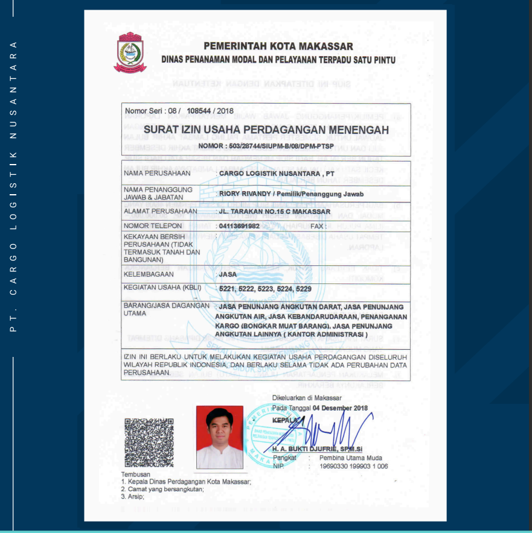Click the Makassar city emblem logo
(130, 52)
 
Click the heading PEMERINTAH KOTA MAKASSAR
(278, 46)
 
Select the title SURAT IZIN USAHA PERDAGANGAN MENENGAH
(266, 130)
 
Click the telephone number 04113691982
(240, 226)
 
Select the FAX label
(318, 226)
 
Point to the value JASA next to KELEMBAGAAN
(228, 274)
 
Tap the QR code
(149, 443)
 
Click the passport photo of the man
(219, 437)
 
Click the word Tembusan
(136, 475)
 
